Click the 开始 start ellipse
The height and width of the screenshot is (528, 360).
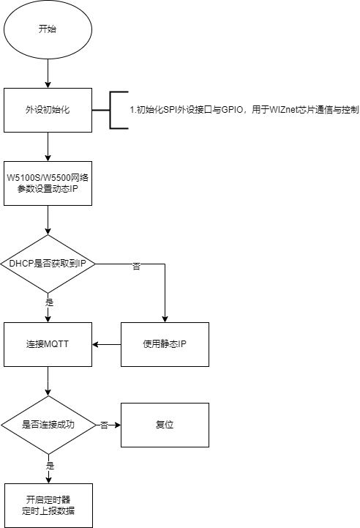coord(48,29)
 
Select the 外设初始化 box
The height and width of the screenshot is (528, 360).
coord(48,110)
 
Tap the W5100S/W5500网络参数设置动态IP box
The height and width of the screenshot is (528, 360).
coord(48,184)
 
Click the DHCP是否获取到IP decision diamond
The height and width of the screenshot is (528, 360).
coord(48,264)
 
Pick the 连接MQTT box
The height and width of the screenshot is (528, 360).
coord(48,344)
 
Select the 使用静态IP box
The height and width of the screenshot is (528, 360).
coord(165,344)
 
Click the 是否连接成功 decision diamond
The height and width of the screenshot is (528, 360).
coord(48,425)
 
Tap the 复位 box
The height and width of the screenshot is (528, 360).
coord(165,425)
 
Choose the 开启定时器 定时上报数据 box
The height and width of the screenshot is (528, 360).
coord(48,506)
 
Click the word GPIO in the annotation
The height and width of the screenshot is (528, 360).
coord(232,110)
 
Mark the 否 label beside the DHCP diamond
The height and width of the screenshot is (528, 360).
coord(136,267)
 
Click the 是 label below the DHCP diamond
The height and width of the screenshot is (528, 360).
coord(50,302)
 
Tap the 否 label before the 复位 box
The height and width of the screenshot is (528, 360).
coord(105,425)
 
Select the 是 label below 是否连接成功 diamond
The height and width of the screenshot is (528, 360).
coord(50,466)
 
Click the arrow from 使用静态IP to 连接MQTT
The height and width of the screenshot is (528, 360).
coord(107,344)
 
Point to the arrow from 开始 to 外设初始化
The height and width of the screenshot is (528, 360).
coord(48,74)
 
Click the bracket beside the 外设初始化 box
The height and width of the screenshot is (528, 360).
coord(110,110)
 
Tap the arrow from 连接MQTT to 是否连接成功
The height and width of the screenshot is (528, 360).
coord(48,382)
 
